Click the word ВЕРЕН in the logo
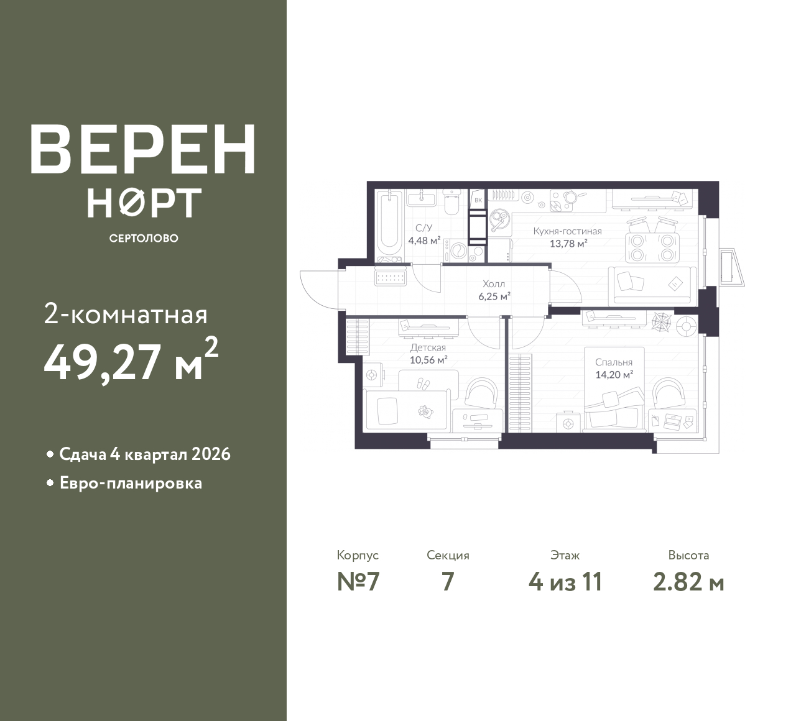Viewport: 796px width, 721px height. tap(143, 149)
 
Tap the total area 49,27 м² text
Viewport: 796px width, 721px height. tap(131, 360)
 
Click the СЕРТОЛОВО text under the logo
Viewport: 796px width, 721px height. tap(144, 238)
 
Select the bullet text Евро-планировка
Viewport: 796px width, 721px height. tap(131, 484)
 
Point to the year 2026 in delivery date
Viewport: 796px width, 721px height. tap(211, 454)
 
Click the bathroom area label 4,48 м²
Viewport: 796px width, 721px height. tap(424, 241)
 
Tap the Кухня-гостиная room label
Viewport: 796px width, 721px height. tap(567, 231)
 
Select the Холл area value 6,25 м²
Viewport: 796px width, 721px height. tap(494, 296)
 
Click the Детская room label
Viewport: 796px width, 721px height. tap(428, 347)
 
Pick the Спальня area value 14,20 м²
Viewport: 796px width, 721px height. tap(614, 374)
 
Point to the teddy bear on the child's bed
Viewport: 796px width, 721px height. tap(425, 411)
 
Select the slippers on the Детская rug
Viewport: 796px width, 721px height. tap(423, 383)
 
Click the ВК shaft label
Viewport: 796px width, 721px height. tap(478, 200)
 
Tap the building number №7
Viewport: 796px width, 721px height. tap(358, 582)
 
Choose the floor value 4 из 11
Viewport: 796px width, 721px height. tap(565, 582)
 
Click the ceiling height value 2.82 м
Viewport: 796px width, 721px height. tap(689, 582)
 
